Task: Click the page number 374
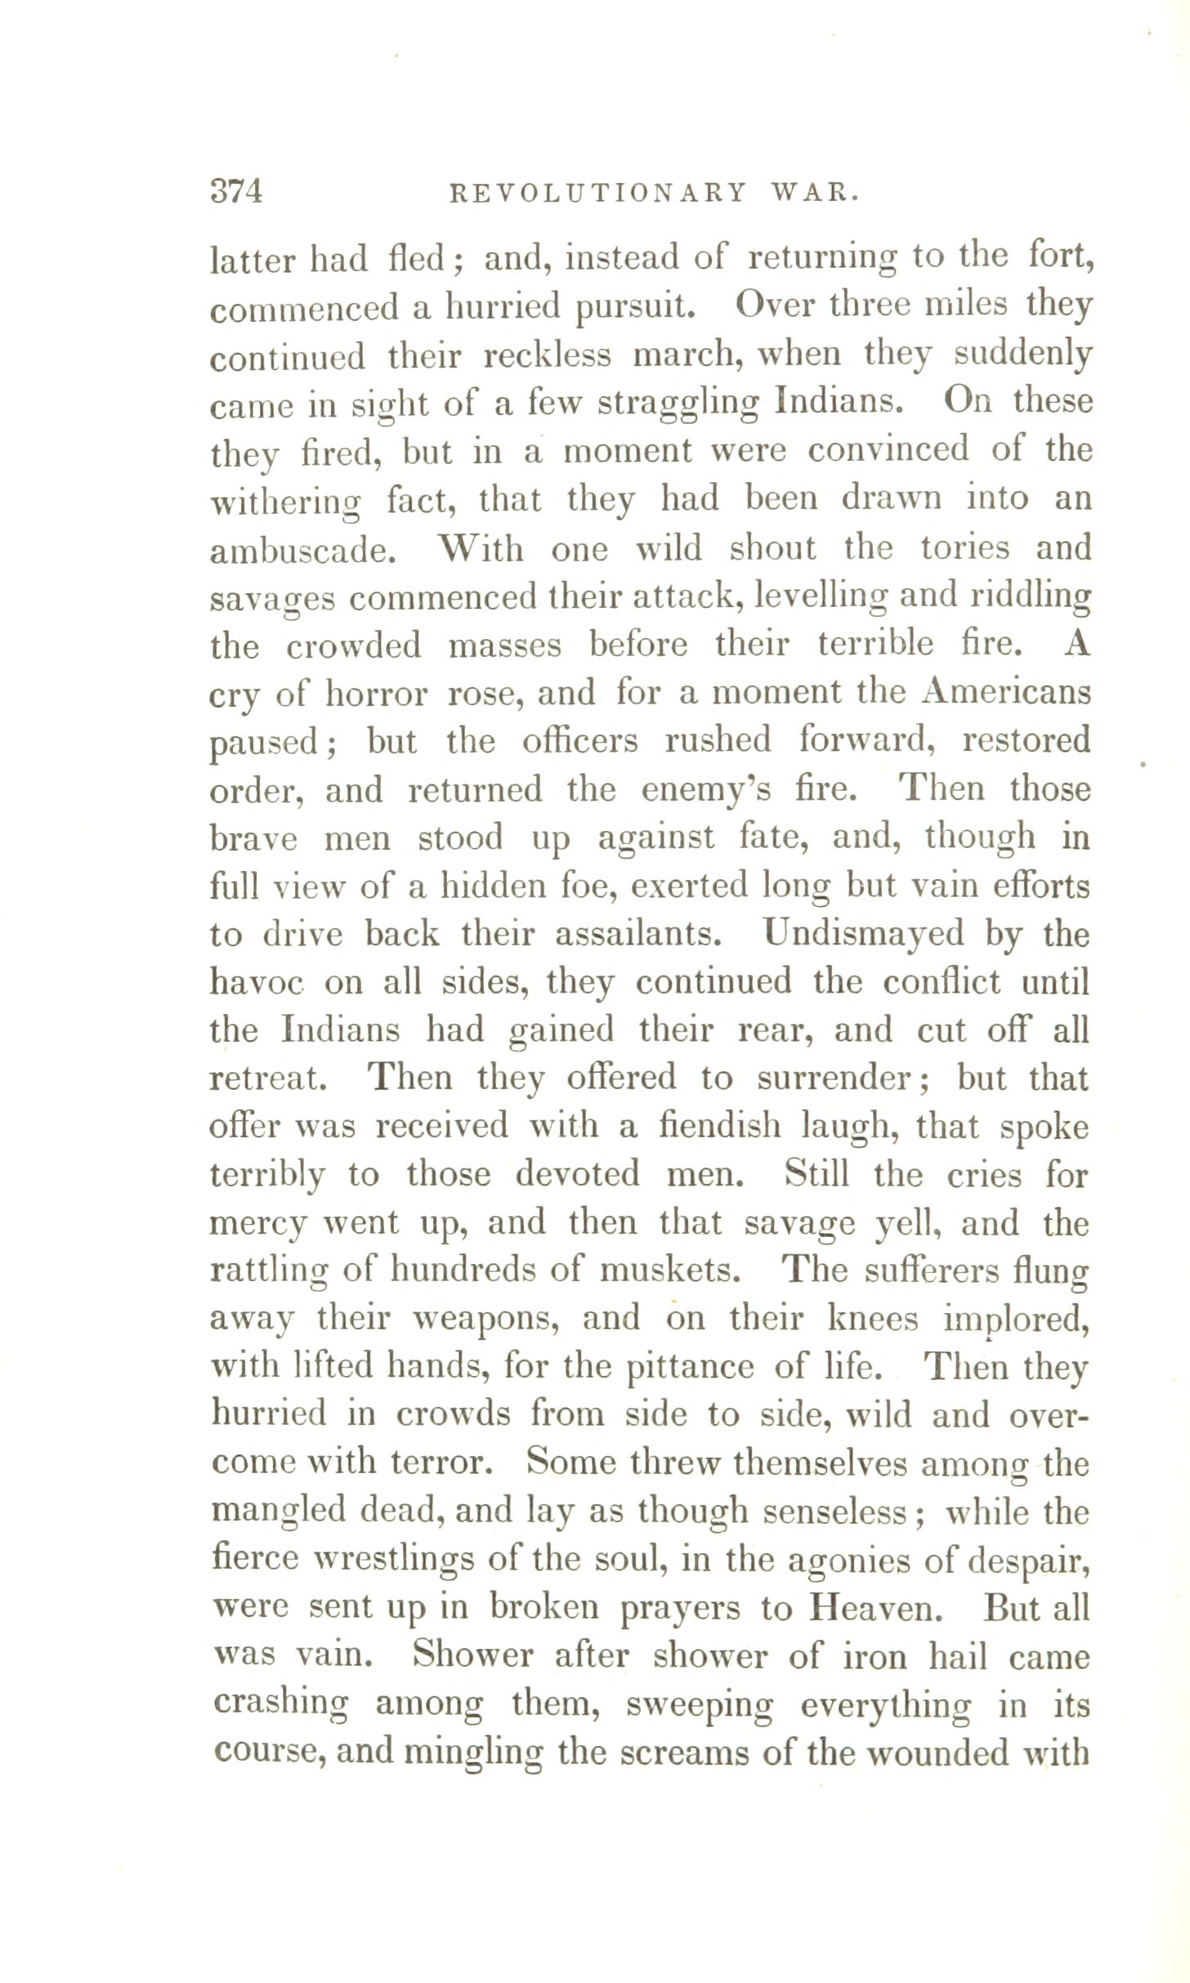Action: click(x=236, y=192)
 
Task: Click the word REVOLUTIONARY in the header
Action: click(x=598, y=193)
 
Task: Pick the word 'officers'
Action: click(x=579, y=741)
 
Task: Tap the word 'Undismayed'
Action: click(x=862, y=934)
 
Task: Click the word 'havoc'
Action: click(x=256, y=982)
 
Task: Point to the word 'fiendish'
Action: click(x=719, y=1127)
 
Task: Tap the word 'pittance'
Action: click(x=689, y=1368)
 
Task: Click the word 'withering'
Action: click(x=285, y=502)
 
